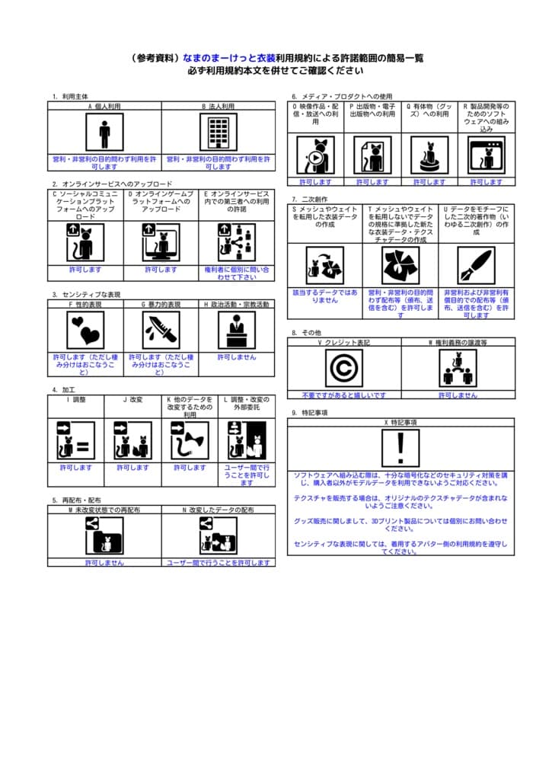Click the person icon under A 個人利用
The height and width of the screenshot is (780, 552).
[104, 133]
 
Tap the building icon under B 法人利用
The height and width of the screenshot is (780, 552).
[218, 133]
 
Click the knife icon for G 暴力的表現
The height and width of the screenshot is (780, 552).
[161, 330]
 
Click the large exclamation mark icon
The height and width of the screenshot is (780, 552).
[401, 448]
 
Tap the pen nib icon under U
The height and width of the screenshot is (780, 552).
[476, 264]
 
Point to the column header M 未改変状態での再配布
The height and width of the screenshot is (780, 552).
[104, 510]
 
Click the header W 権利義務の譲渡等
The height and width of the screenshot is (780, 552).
[458, 343]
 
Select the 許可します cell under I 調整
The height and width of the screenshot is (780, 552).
[75, 468]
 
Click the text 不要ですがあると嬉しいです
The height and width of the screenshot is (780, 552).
[344, 395]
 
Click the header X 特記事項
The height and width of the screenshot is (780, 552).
[401, 421]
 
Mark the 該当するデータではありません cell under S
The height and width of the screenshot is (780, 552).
[325, 296]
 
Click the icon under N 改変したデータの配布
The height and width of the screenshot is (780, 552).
[218, 535]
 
